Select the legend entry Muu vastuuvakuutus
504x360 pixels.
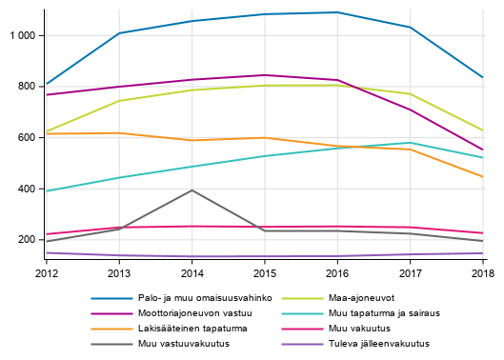(184, 344)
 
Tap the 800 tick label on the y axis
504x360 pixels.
(26, 87)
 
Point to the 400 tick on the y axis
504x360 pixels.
(26, 189)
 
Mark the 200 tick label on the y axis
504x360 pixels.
(26, 240)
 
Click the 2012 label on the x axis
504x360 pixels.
(46, 272)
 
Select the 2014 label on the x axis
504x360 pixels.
(192, 272)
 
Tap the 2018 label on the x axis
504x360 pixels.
(482, 272)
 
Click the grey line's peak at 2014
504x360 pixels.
(192, 190)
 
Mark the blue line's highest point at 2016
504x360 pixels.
(337, 12)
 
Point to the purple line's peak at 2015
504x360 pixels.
(265, 75)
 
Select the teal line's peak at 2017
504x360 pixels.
(410, 143)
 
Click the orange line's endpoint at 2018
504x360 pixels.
(482, 176)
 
